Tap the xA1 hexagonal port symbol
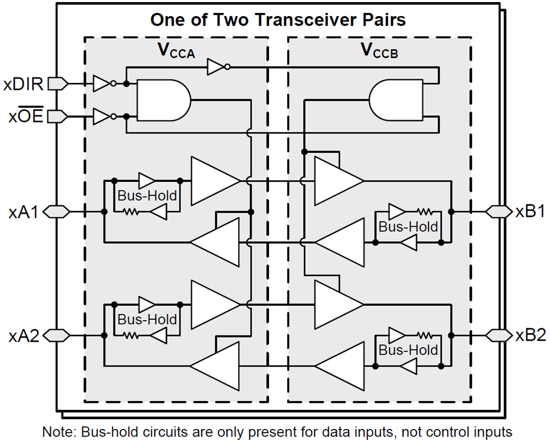(56, 212)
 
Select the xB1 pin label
(529, 211)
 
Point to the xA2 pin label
(23, 336)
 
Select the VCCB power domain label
(379, 51)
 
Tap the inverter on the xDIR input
(102, 84)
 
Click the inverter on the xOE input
(102, 117)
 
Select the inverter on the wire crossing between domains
(217, 66)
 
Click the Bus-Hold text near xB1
(408, 226)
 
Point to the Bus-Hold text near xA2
(147, 320)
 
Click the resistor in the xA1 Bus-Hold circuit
(131, 212)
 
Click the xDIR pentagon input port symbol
(57, 84)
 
